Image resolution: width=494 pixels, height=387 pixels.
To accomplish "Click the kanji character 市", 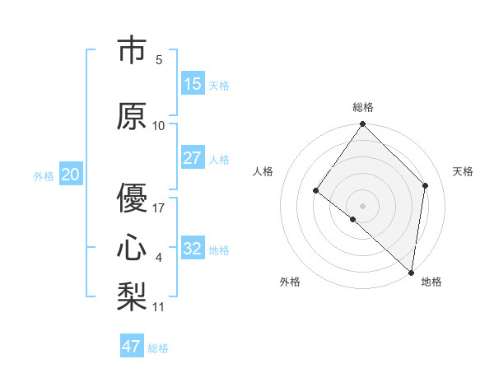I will pos(132,51).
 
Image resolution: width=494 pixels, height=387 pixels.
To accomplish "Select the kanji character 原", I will pos(132,116).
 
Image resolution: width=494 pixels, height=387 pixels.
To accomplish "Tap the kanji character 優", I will pos(132,198).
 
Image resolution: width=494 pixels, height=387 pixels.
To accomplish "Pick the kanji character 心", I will pos(132,248).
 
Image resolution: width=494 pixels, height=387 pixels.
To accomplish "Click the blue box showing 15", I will pos(192,84).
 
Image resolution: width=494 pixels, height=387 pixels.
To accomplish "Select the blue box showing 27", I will pos(192,158).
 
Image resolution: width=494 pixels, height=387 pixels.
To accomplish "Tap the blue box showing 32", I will pos(192,249).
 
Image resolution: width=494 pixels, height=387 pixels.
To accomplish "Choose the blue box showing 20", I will pos(70,175).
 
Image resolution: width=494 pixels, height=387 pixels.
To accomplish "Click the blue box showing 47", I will pos(131,347).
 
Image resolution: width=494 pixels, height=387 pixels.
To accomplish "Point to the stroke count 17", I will pos(159,208).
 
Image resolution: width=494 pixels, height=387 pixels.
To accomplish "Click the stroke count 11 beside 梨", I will pos(159,307).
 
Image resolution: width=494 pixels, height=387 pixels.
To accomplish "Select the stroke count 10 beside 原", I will pos(159,126).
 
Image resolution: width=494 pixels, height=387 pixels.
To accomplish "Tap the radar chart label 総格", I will pos(362,107).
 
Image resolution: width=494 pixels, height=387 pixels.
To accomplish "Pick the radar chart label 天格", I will pos(463,171).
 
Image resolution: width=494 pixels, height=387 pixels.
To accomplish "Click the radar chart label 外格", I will pos(290,282).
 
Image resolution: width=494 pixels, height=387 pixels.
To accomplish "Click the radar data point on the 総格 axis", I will pos(362,125).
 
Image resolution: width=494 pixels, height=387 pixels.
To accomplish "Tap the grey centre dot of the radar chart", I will pos(362,205).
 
